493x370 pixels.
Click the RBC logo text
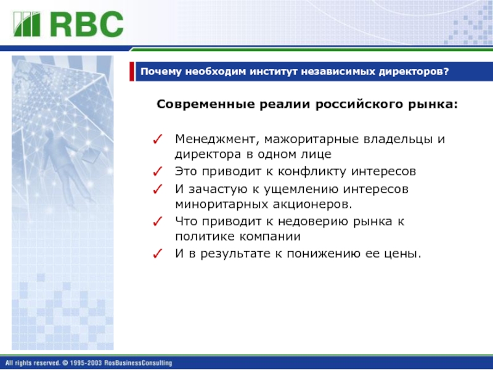pyautogui.click(x=87, y=24)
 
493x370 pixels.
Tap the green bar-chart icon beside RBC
pyautogui.click(x=27, y=24)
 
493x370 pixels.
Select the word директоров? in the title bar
pyautogui.click(x=414, y=72)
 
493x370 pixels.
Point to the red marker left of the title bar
pyautogui.click(x=132, y=72)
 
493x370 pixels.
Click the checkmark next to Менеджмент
pyautogui.click(x=158, y=139)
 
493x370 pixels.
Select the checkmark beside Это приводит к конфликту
pyautogui.click(x=158, y=171)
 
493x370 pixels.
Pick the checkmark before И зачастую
pyautogui.click(x=158, y=189)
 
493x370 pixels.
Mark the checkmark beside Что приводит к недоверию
pyautogui.click(x=158, y=221)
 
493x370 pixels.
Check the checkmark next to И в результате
pyautogui.click(x=158, y=253)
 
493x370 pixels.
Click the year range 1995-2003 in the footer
pyautogui.click(x=86, y=363)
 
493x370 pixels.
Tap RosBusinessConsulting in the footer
pyautogui.click(x=138, y=363)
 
